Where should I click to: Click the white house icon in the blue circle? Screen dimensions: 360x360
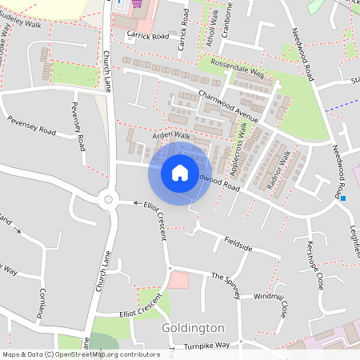[x=180, y=172]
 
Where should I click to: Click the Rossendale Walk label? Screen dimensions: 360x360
[x=237, y=69]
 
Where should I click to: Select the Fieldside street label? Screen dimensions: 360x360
[x=238, y=244]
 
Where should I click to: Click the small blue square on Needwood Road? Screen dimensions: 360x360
[x=343, y=198]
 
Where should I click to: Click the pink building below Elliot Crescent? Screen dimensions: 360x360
[x=178, y=280]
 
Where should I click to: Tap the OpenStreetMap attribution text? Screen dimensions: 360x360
[x=80, y=354]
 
